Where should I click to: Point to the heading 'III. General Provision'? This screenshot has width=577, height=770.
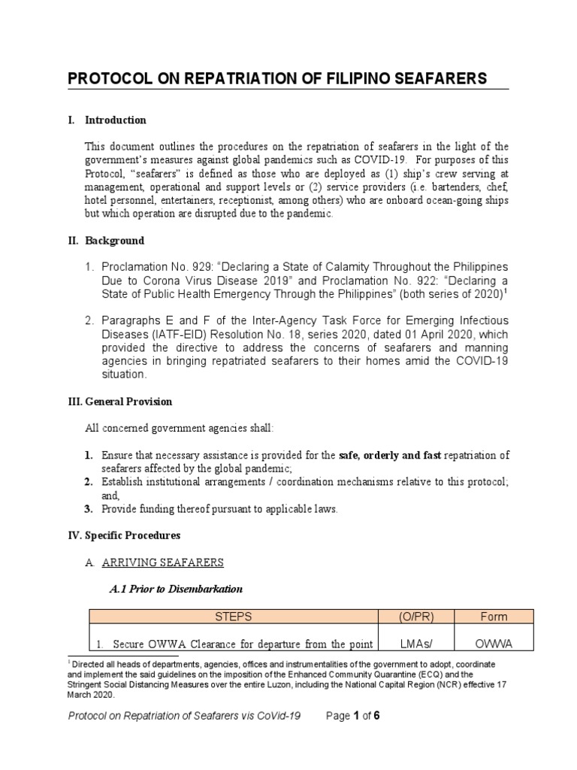pos(120,402)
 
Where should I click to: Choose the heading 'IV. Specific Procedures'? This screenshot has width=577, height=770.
pos(124,536)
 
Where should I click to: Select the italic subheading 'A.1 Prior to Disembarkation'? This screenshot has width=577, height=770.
pos(177,588)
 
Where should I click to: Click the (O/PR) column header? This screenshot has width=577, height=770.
pos(417,617)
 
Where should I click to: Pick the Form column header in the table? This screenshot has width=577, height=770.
pos(494,617)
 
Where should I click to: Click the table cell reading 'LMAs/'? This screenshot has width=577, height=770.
pos(417,644)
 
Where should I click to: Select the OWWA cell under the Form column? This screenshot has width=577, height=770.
pos(494,644)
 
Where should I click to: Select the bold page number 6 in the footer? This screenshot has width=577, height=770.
pos(376,716)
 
